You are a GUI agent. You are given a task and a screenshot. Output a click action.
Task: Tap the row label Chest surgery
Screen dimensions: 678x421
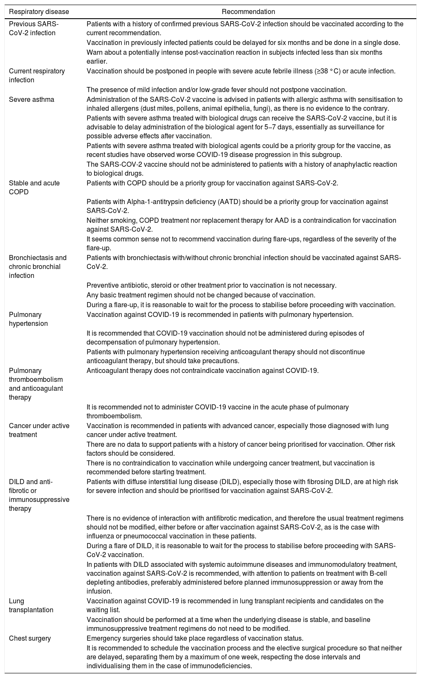pos(30,638)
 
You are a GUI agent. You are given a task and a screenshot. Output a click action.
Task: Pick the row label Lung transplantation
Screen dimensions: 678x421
pos(31,605)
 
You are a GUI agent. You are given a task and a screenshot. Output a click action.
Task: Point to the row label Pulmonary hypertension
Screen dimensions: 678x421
pos(28,319)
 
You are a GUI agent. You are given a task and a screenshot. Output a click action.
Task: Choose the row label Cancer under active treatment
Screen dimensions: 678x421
pos(39,430)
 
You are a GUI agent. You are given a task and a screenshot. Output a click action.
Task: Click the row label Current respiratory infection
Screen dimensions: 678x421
pos(37,76)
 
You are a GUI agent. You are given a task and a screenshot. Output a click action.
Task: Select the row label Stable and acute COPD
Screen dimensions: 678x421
pos(34,188)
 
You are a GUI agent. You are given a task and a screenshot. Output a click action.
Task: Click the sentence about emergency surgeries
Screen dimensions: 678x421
pos(195,638)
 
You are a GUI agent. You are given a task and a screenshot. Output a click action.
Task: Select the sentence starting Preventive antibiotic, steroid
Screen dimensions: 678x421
pos(211,286)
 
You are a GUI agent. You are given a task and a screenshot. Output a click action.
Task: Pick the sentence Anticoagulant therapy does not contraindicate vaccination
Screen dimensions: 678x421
pos(202,370)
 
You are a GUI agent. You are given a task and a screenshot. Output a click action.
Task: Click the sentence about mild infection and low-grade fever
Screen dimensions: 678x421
pos(216,90)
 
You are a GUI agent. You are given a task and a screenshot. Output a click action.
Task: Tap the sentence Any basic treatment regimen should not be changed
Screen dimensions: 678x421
pos(201,295)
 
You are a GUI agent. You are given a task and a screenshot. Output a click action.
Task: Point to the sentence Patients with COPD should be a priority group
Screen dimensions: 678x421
pos(212,183)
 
